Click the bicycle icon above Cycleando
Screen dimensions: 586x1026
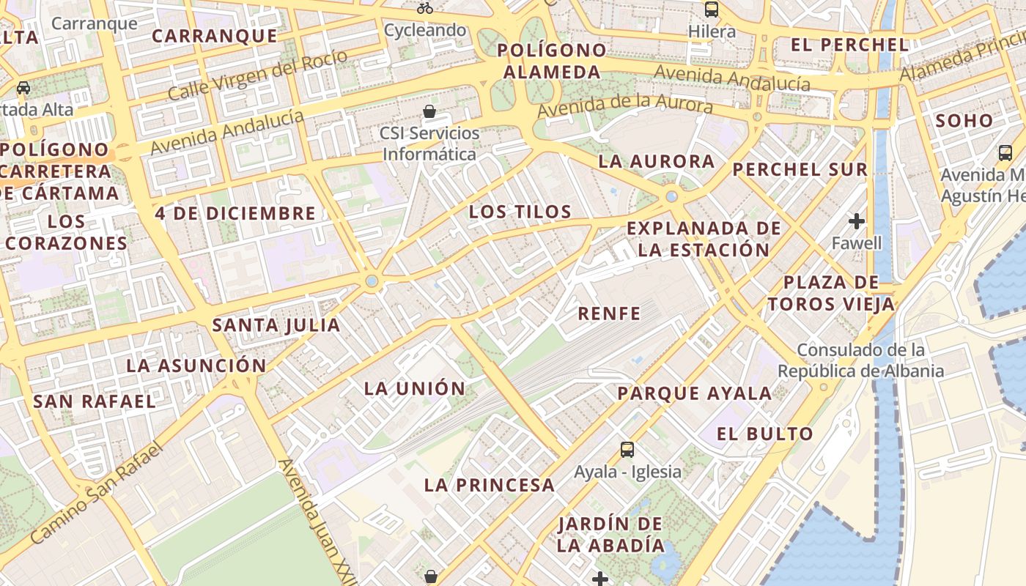[x=425, y=8]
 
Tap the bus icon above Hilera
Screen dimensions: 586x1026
[x=712, y=10]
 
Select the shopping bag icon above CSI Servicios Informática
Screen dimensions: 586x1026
[x=429, y=111]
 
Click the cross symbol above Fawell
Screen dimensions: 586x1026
[x=857, y=220]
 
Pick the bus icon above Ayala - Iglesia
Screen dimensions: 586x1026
[x=627, y=449]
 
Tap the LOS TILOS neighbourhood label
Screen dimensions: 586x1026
[x=520, y=212]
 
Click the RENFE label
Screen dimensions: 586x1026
[x=609, y=314]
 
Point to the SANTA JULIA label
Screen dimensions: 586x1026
[x=276, y=324]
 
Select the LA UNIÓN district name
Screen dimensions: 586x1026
[x=415, y=388]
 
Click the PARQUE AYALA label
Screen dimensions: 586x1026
[x=694, y=393]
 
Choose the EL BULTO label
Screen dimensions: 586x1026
[x=765, y=434]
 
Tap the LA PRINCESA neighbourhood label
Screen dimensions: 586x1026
[x=490, y=485]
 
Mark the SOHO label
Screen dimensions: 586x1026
[x=964, y=121]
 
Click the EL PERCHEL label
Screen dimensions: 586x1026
[x=850, y=45]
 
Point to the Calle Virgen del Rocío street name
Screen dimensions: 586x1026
[x=257, y=76]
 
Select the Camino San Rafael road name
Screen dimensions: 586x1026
[x=95, y=494]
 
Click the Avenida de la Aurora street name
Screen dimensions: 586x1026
[x=625, y=105]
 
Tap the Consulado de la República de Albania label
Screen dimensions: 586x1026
[x=860, y=360]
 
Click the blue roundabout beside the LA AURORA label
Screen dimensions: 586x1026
[x=671, y=196]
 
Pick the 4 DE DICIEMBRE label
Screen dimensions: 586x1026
[x=235, y=214]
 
